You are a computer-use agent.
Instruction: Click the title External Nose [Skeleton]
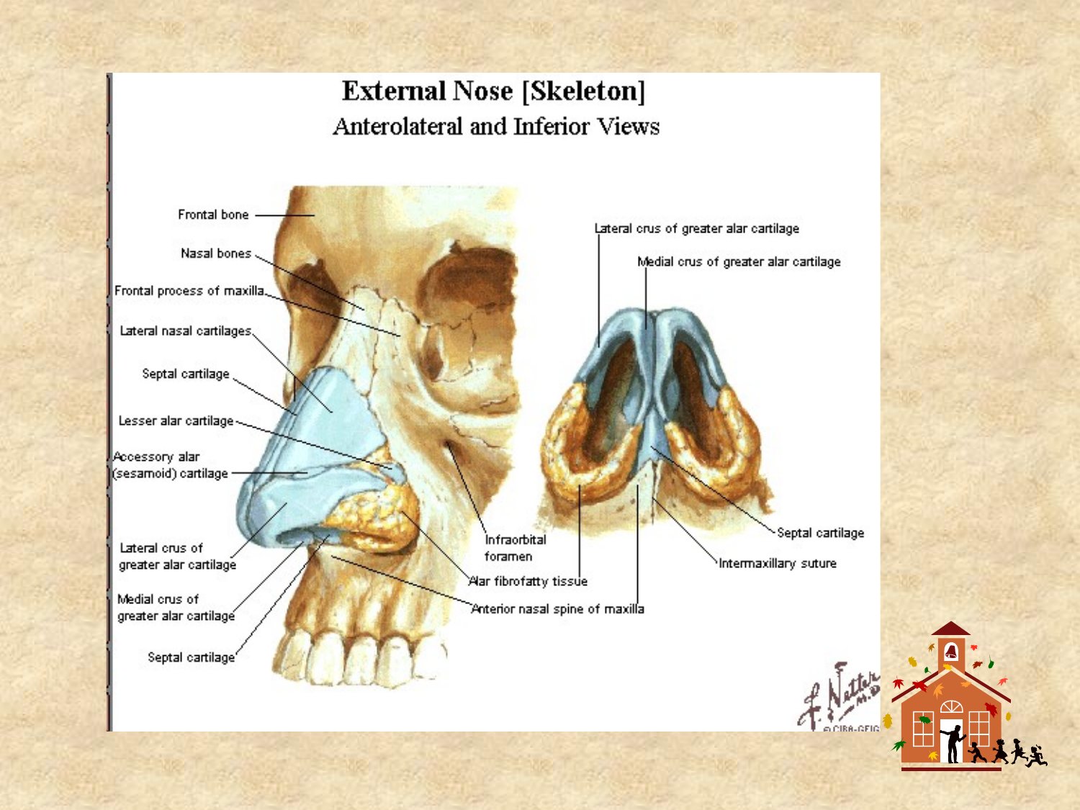(493, 91)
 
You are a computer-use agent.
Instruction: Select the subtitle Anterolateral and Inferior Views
(496, 127)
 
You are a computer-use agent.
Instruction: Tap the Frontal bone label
(213, 215)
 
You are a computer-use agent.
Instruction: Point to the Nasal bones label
(216, 253)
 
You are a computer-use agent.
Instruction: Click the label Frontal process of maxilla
(189, 291)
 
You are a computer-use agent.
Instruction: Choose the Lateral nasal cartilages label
(186, 331)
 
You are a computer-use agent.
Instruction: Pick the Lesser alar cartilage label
(176, 421)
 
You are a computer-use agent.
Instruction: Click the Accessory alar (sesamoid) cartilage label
(170, 464)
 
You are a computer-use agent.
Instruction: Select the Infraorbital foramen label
(515, 548)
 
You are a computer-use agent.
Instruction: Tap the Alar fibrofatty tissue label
(528, 581)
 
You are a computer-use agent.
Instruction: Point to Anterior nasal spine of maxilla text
(557, 609)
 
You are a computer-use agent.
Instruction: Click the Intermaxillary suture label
(778, 563)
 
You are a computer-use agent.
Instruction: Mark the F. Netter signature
(839, 696)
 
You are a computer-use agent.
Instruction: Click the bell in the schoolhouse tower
(951, 652)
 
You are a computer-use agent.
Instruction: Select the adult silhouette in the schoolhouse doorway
(954, 743)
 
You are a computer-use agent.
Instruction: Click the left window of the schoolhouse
(923, 729)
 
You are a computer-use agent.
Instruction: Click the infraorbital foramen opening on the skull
(449, 446)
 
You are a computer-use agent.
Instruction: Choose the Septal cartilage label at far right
(820, 533)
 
